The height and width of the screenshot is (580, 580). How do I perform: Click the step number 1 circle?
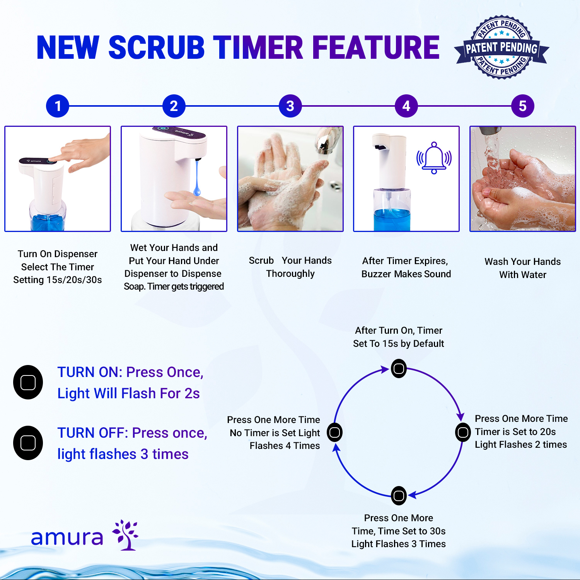(x=58, y=106)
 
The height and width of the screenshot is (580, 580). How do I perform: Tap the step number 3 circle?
(x=290, y=106)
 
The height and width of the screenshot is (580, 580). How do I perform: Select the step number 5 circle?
(x=522, y=106)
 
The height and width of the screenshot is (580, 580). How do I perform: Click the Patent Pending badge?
(x=502, y=48)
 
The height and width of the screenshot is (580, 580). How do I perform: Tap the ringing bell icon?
(x=434, y=158)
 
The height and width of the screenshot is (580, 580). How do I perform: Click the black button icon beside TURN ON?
(x=28, y=382)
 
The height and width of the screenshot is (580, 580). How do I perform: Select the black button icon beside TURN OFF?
(x=28, y=443)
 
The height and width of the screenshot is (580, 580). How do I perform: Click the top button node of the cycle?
(x=399, y=368)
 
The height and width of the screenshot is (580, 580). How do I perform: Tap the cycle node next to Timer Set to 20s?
(x=463, y=432)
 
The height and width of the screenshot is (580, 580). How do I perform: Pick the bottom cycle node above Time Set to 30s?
(x=399, y=496)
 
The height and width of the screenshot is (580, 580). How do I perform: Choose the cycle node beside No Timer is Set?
(x=335, y=432)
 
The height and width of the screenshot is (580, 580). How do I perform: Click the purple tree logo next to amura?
(x=125, y=535)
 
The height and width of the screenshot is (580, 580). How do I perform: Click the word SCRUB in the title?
(x=157, y=48)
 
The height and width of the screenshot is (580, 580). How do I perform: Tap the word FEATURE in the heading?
(x=375, y=48)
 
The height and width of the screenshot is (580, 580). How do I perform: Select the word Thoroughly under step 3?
(x=290, y=274)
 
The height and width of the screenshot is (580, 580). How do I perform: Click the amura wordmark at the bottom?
(x=67, y=537)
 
